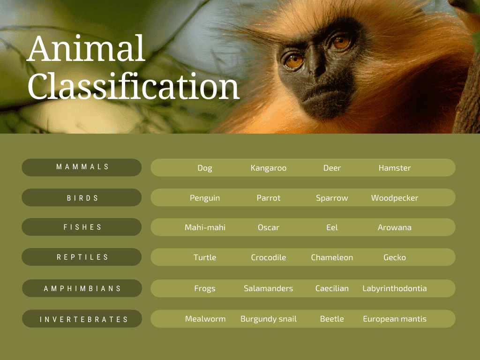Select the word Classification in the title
pyautogui.click(x=134, y=86)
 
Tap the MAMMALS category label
pyautogui.click(x=82, y=167)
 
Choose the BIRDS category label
pyautogui.click(x=82, y=198)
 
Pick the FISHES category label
pyautogui.click(x=82, y=227)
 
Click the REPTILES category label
pyautogui.click(x=82, y=257)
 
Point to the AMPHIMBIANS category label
pyautogui.click(x=82, y=288)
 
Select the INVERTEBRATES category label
pyautogui.click(x=83, y=319)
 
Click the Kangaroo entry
pyautogui.click(x=268, y=168)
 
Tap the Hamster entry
pyautogui.click(x=394, y=168)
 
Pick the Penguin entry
pyautogui.click(x=205, y=198)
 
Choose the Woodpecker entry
pyautogui.click(x=394, y=198)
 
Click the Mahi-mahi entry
pyautogui.click(x=205, y=227)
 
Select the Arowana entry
pyautogui.click(x=394, y=227)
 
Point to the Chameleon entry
pyautogui.click(x=332, y=257)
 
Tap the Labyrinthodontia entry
pyautogui.click(x=394, y=288)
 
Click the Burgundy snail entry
pyautogui.click(x=268, y=319)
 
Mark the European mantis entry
pyautogui.click(x=394, y=319)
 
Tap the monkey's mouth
pyautogui.click(x=323, y=94)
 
